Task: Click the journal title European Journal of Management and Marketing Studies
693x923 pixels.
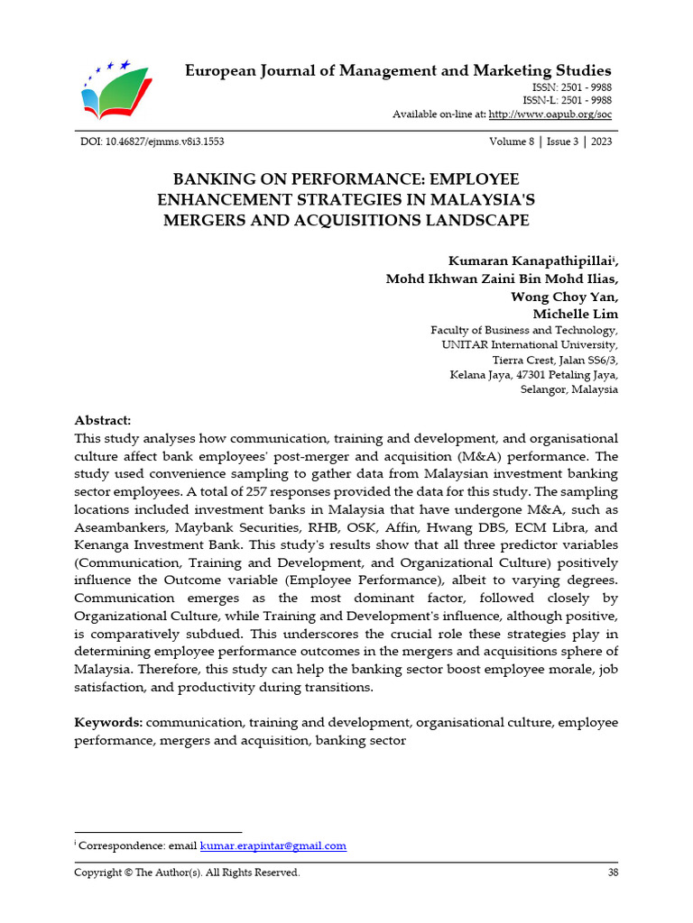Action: [x=398, y=70]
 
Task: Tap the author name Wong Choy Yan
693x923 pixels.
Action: [x=565, y=297]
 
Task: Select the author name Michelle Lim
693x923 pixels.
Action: [x=576, y=314]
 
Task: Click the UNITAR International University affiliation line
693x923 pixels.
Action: [x=530, y=345]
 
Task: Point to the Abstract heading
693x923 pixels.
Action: [x=102, y=421]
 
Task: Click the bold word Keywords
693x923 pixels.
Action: [x=107, y=723]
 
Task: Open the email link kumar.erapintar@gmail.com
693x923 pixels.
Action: [x=273, y=845]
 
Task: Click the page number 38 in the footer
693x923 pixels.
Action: [x=612, y=873]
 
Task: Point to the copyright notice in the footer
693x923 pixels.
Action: [x=187, y=873]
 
